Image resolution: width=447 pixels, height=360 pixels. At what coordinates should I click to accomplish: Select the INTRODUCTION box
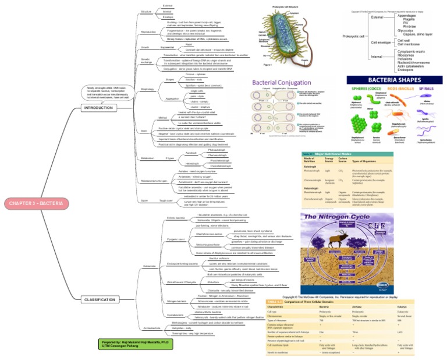click(99, 108)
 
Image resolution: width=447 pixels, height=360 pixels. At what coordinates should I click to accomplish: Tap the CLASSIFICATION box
click(100, 299)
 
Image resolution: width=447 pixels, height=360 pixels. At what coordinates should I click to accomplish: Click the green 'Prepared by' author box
click(127, 344)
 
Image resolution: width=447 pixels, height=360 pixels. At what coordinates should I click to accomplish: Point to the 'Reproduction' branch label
click(148, 33)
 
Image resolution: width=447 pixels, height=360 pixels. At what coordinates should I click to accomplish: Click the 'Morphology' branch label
click(147, 89)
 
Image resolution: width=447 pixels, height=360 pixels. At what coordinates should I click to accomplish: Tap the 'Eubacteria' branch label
click(148, 266)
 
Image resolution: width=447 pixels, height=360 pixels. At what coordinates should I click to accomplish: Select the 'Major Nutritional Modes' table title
click(338, 154)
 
